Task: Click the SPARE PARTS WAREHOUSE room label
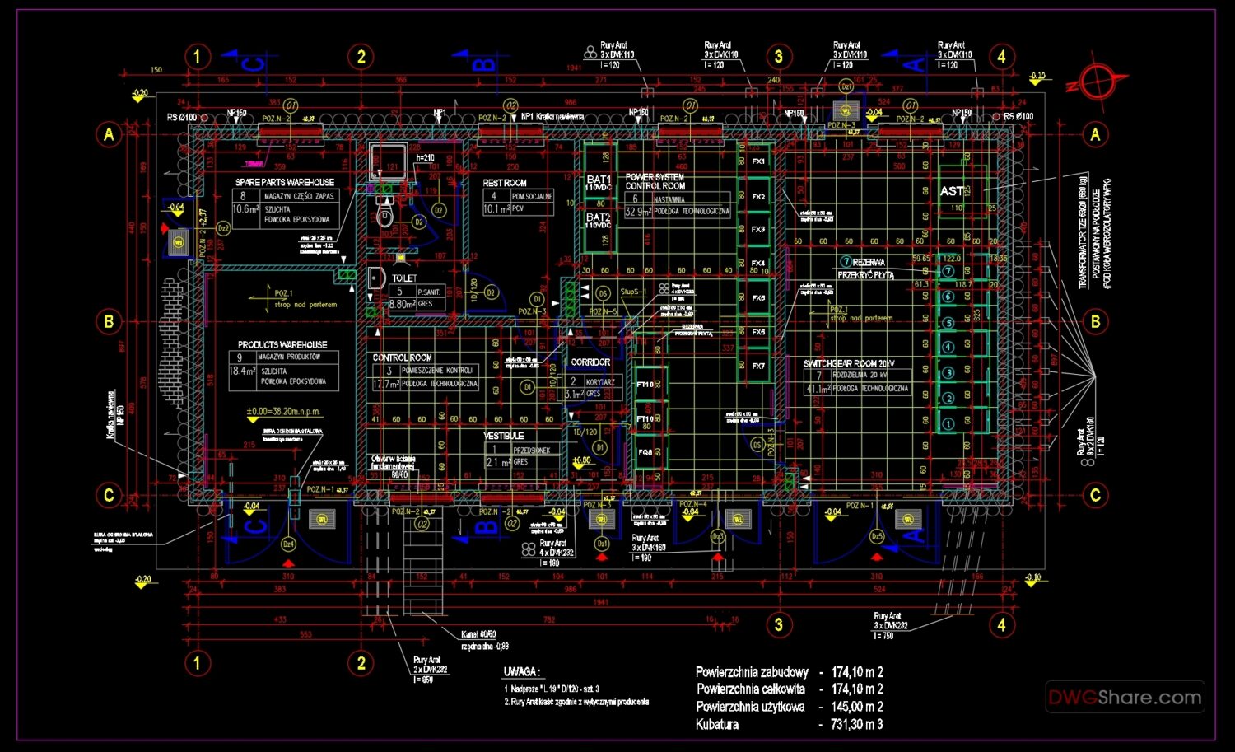(x=285, y=182)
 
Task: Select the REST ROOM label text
(x=505, y=183)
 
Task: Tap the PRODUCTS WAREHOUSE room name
(x=282, y=344)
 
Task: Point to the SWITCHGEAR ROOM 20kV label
(x=849, y=363)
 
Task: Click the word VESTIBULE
(x=504, y=436)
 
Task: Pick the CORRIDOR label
(x=590, y=362)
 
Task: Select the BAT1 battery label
(x=599, y=180)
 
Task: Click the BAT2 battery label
(x=599, y=218)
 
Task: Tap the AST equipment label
(x=952, y=191)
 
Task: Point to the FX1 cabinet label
(x=758, y=161)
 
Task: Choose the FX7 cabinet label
(x=758, y=366)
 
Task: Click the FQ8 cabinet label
(x=645, y=452)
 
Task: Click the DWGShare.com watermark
(x=1125, y=698)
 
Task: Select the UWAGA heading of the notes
(x=521, y=672)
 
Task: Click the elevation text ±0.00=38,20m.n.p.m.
(x=282, y=411)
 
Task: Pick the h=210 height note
(x=425, y=158)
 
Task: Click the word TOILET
(x=404, y=278)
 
